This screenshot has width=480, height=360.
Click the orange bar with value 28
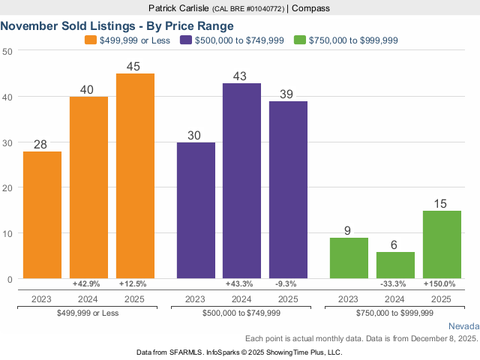coord(42,214)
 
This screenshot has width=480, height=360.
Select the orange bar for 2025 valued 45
coord(135,175)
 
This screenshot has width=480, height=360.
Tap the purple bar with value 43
coord(242,181)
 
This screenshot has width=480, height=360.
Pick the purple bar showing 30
coord(196,210)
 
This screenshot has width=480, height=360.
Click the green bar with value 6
coord(395,265)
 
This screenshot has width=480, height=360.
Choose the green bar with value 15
coord(442,244)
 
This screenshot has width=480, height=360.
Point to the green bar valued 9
coord(349,258)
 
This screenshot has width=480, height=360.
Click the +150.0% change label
coord(442,284)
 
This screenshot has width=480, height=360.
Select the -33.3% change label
coord(395,284)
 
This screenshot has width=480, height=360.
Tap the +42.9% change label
coord(88,284)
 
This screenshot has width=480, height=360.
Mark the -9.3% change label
coord(288,284)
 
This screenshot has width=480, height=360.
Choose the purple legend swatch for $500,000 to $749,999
coord(187,40)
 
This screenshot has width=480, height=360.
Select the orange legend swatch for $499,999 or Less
coord(91,40)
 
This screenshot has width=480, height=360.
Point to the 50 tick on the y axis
coord(7,51)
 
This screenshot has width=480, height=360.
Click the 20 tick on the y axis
coord(7,187)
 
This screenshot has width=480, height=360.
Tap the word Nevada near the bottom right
coord(463,326)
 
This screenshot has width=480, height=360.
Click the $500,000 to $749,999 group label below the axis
coord(242,313)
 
